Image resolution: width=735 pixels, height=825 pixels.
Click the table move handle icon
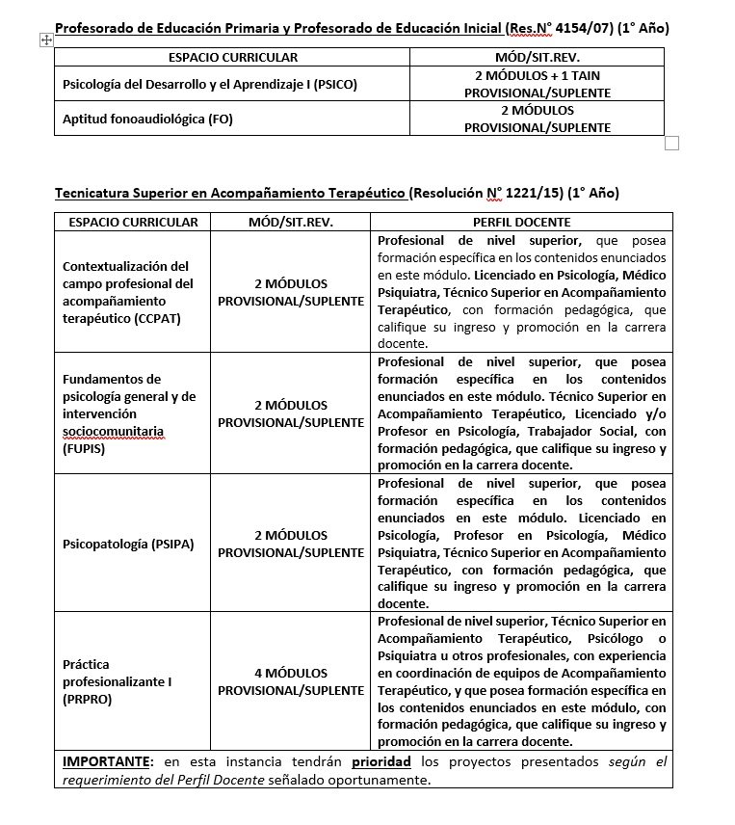tap(45, 40)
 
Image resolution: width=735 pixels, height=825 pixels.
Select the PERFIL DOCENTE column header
tap(521, 222)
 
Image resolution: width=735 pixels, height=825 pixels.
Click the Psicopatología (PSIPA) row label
tap(128, 544)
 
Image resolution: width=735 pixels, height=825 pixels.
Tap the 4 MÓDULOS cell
tap(291, 681)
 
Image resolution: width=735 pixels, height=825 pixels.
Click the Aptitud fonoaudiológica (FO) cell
tap(147, 119)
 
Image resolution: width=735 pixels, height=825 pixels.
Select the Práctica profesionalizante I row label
tap(117, 681)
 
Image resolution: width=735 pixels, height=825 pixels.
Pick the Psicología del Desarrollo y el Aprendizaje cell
tap(209, 84)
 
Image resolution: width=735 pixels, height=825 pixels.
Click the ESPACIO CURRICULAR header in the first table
tap(232, 57)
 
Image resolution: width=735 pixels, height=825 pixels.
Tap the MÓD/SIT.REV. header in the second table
tap(291, 222)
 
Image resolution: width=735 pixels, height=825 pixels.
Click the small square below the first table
tap(672, 144)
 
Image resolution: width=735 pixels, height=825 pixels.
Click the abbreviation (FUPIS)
tap(84, 449)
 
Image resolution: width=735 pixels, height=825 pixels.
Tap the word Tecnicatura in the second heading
tap(94, 193)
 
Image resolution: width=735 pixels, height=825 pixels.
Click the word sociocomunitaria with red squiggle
tap(114, 431)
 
